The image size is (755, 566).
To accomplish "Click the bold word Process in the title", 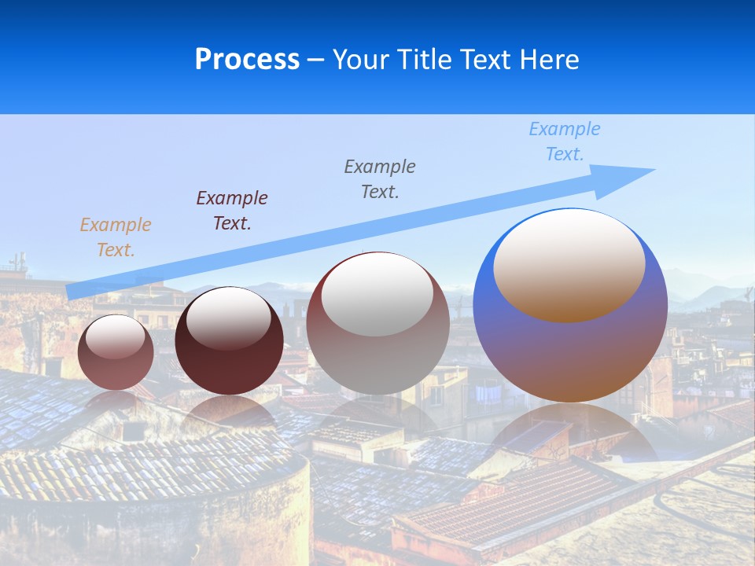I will (x=247, y=60).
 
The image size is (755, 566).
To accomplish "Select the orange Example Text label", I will (x=115, y=237).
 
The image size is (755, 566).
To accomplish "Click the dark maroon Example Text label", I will (x=231, y=211).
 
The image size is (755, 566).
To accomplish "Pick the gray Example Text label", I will (x=379, y=179).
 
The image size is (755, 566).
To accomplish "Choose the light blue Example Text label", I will (x=564, y=141).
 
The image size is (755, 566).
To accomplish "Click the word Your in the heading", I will (x=363, y=60).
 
